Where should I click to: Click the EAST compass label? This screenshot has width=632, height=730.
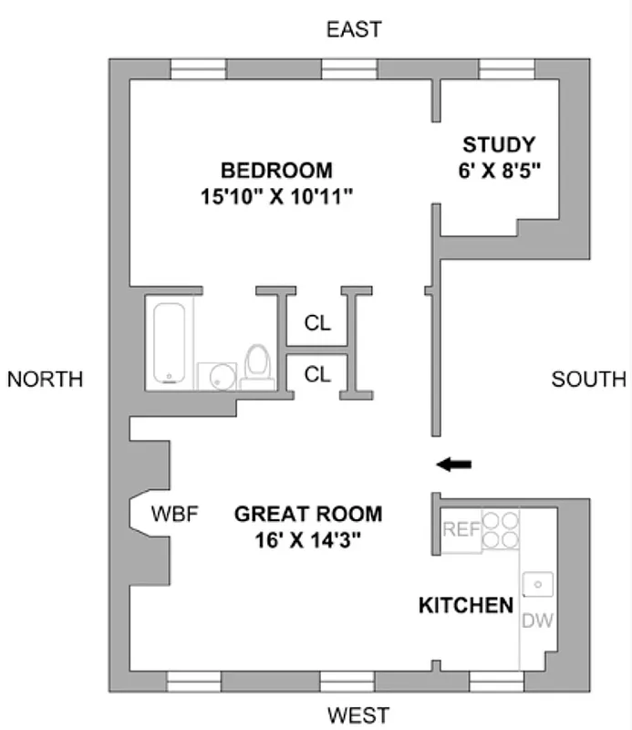[354, 30]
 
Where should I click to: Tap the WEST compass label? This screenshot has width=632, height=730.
[357, 714]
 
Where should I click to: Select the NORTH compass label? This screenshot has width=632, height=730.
[45, 379]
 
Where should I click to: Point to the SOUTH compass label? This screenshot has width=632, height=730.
[589, 379]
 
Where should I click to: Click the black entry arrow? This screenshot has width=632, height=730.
[453, 464]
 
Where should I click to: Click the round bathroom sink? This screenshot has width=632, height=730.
[217, 376]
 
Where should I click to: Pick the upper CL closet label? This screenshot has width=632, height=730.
[317, 323]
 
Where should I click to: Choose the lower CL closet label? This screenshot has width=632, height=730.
[317, 373]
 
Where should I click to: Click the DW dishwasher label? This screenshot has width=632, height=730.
[538, 620]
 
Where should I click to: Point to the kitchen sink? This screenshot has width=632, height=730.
[538, 581]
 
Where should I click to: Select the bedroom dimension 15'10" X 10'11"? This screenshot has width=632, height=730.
[276, 194]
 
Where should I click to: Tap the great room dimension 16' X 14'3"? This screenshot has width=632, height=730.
[308, 539]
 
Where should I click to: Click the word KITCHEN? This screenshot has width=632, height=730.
[465, 605]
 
